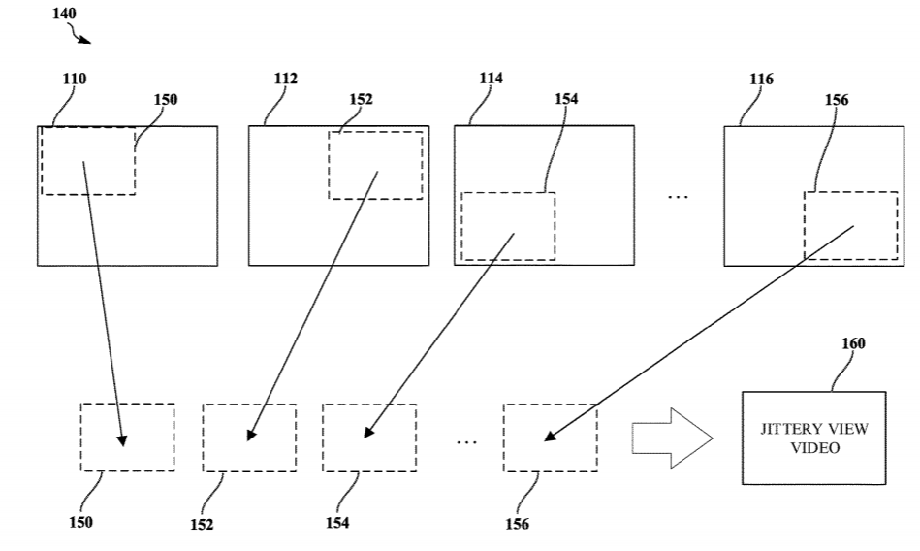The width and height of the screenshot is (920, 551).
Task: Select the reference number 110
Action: [75, 80]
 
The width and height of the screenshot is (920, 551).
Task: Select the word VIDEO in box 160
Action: [813, 449]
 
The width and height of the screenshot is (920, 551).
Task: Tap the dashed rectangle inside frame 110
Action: [88, 160]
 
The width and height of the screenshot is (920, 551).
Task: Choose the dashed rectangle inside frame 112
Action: [375, 166]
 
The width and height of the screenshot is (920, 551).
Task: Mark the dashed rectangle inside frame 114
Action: [507, 226]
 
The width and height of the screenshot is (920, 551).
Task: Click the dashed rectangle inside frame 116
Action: [850, 225]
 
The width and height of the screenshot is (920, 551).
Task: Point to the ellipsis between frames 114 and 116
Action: [678, 197]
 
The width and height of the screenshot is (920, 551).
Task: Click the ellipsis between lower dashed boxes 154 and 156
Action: [466, 441]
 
